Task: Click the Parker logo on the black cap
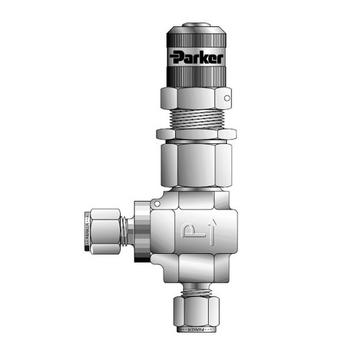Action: tap(196, 58)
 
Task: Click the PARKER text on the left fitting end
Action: tap(87, 231)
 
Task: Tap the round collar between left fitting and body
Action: tap(139, 231)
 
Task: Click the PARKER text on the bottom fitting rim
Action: tap(195, 329)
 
